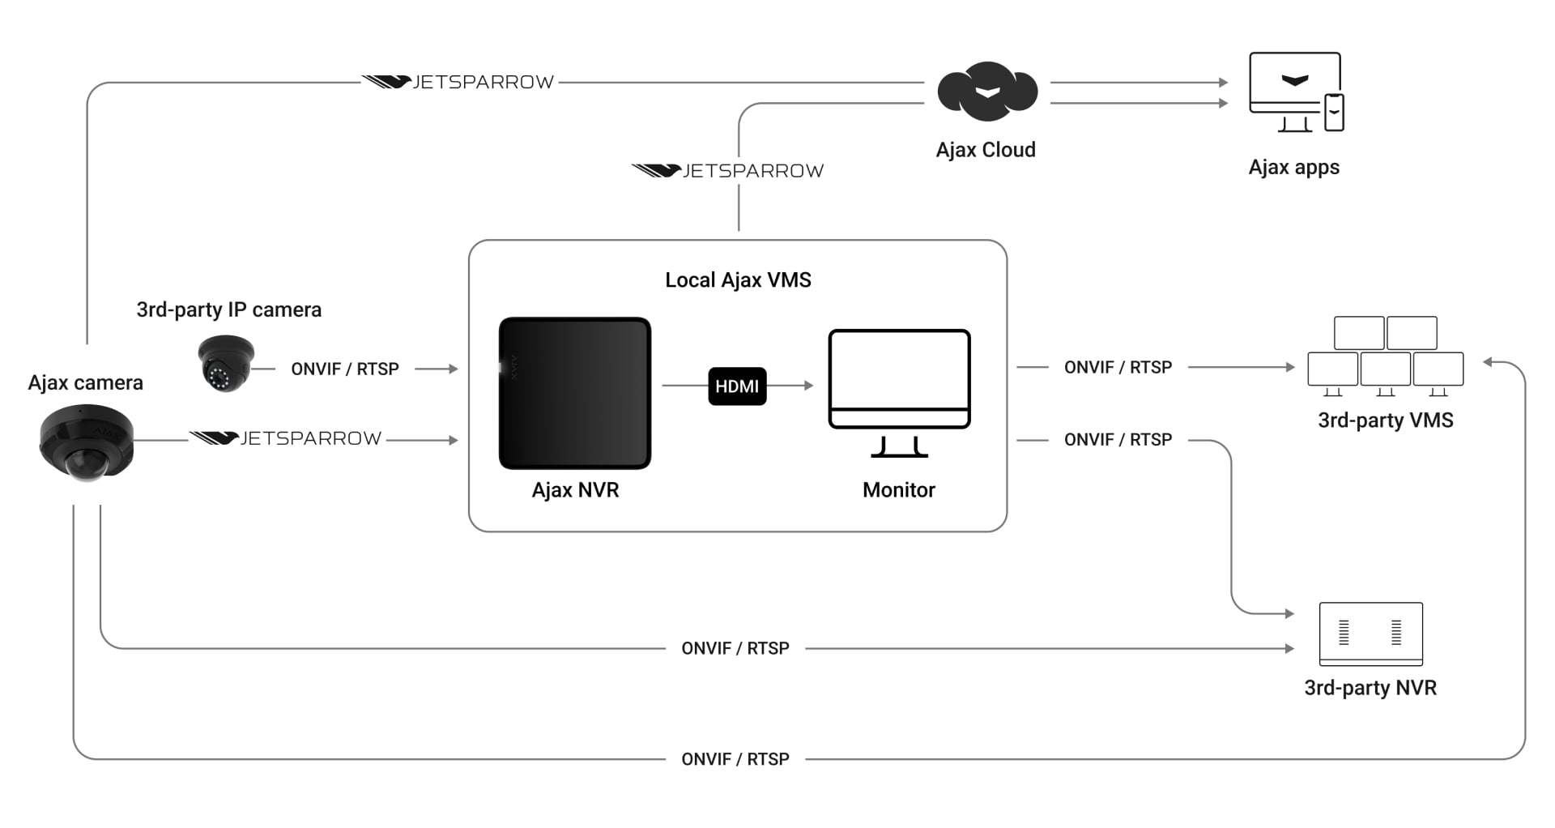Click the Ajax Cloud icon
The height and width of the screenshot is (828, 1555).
tap(986, 91)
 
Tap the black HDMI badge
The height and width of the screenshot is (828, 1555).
tap(737, 386)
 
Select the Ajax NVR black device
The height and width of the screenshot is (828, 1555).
tap(575, 393)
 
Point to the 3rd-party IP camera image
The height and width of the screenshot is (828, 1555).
tap(226, 364)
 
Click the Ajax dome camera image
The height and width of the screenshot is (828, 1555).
tap(86, 444)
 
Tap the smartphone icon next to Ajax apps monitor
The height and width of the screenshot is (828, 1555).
tap(1334, 112)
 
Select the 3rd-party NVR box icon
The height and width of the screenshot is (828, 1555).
tap(1370, 634)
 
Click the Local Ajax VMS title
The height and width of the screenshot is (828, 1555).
tap(738, 280)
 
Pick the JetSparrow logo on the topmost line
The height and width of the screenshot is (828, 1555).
tap(458, 82)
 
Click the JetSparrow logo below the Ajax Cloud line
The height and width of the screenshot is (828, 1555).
tap(727, 171)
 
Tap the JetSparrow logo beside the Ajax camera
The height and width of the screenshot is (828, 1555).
tap(285, 438)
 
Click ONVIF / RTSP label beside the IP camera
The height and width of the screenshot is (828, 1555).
tap(345, 369)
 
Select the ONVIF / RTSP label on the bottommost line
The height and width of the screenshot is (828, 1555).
tap(735, 759)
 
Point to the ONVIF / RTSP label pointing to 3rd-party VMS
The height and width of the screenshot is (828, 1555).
tap(1118, 368)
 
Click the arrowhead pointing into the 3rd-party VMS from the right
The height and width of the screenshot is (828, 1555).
tap(1488, 362)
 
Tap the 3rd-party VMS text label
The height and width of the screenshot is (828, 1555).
tap(1385, 420)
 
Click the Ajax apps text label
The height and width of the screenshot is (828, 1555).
tap(1293, 168)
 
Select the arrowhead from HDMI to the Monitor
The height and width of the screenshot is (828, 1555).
tap(808, 386)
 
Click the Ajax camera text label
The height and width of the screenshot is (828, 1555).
tap(85, 383)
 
